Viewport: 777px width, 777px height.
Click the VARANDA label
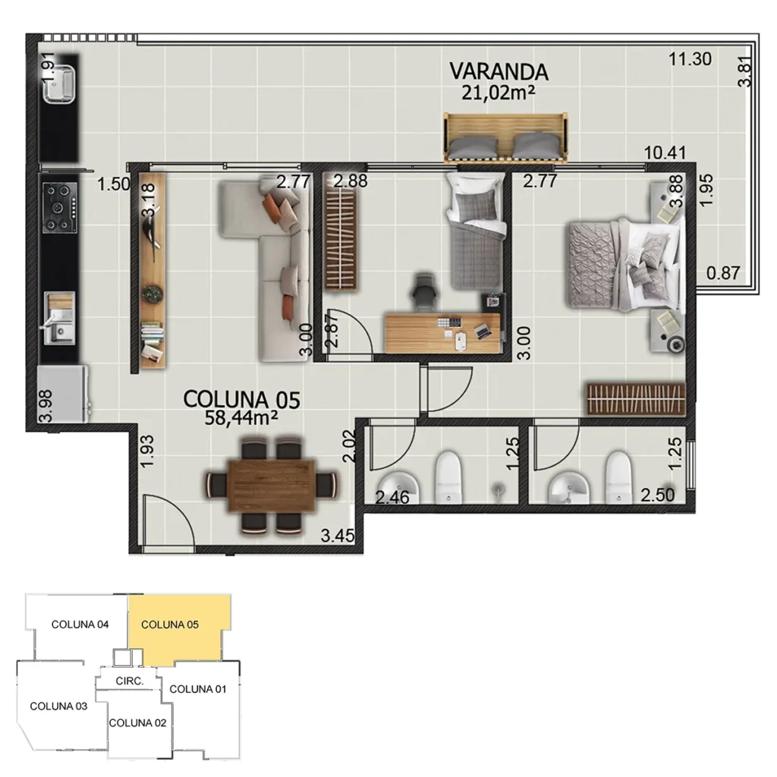(x=499, y=71)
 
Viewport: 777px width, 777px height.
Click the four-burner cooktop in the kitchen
(x=60, y=208)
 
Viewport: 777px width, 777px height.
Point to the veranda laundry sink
(x=59, y=83)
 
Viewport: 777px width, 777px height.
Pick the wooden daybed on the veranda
(x=506, y=137)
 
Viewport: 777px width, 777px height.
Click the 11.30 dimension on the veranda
(x=690, y=58)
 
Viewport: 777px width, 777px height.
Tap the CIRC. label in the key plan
(x=130, y=681)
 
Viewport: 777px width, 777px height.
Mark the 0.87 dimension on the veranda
(x=722, y=274)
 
